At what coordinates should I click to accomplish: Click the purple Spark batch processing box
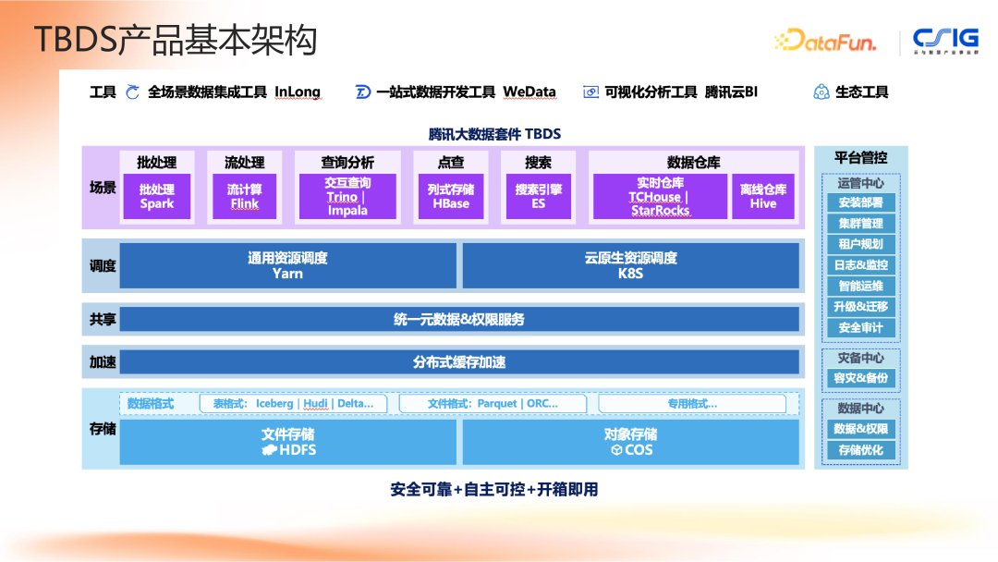point(157,196)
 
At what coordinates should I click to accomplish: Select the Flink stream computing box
point(245,196)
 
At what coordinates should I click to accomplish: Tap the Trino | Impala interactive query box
point(347,196)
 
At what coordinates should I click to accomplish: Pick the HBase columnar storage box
point(451,196)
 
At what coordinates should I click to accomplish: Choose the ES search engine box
point(539,196)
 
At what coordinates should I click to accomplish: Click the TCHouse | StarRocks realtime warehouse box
point(660,196)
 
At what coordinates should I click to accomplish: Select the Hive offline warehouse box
point(763,196)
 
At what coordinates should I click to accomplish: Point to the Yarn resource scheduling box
point(287,265)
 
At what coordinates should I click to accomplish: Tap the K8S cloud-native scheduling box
point(630,265)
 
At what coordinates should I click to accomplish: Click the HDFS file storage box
point(287,442)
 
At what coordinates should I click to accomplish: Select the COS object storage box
point(630,442)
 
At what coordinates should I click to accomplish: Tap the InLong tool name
point(298,92)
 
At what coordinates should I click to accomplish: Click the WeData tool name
point(529,92)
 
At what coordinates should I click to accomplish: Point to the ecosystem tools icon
point(821,92)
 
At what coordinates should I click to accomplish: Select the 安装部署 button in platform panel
point(860,202)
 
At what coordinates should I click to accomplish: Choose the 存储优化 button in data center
point(860,450)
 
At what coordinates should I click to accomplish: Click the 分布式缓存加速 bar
point(459,362)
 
